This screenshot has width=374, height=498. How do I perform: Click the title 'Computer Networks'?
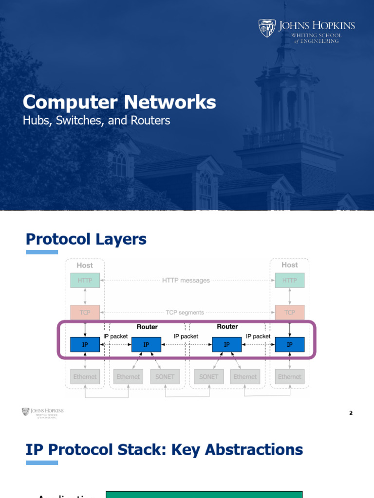[x=119, y=102]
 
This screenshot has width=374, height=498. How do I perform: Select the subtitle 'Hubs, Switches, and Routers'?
[x=96, y=120]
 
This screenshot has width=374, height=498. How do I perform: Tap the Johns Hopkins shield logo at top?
[x=267, y=28]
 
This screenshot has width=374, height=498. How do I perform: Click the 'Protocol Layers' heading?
[x=86, y=239]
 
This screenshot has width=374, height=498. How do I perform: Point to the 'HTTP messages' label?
[x=186, y=280]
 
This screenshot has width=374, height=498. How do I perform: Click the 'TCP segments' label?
[x=185, y=313]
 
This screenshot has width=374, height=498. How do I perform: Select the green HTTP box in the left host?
[x=85, y=280]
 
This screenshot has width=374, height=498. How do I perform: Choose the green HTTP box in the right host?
[x=290, y=280]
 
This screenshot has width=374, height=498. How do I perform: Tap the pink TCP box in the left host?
[x=85, y=313]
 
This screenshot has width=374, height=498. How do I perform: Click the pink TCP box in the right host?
[x=290, y=313]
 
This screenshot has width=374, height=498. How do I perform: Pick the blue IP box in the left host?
[x=85, y=345]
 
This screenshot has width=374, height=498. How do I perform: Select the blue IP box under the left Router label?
[x=146, y=345]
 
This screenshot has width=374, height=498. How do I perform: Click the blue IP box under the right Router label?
[x=226, y=345]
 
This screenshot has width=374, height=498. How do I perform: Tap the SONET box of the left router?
[x=165, y=377]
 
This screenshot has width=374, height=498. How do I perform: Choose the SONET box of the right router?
[x=209, y=377]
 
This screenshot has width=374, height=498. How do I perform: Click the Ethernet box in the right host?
[x=290, y=377]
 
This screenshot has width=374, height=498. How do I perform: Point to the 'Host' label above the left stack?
[x=85, y=265]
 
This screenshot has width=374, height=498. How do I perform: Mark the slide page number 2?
[x=351, y=413]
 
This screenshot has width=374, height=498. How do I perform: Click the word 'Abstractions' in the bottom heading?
[x=254, y=449]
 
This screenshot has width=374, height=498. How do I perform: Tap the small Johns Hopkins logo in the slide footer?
[x=42, y=412]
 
